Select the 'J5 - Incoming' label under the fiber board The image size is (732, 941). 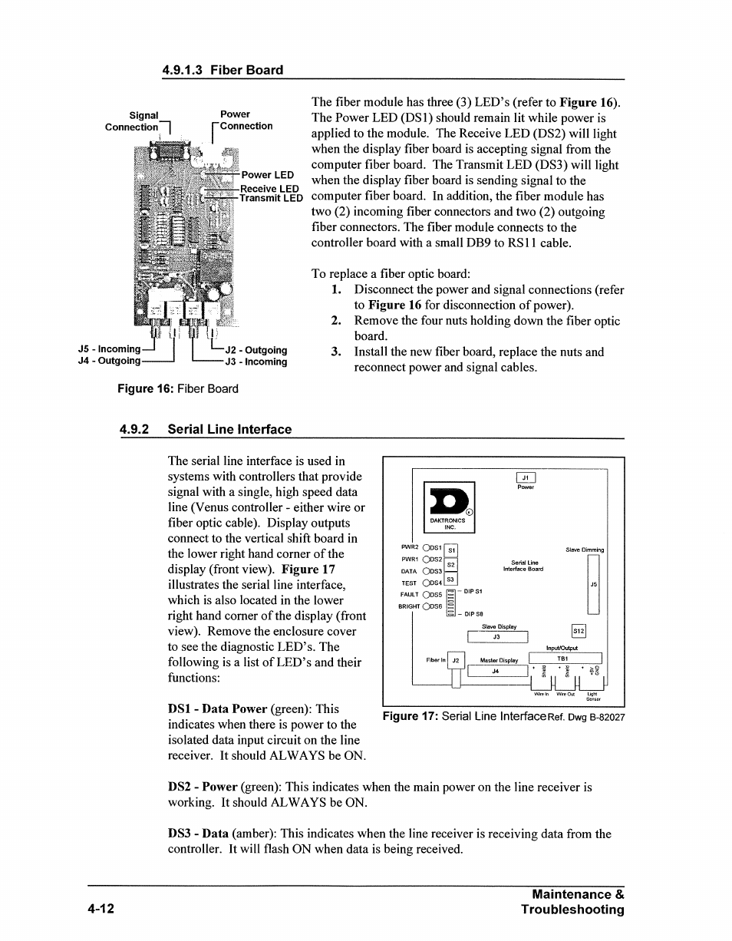109,350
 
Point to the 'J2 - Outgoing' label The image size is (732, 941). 256,351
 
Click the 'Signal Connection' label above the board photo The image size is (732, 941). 132,121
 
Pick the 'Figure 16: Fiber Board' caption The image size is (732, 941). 177,388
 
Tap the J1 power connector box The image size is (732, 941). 526,477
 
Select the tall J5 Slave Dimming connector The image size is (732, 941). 592,584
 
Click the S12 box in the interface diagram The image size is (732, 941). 579,631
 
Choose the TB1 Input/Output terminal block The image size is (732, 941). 565,659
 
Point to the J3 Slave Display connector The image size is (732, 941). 497,636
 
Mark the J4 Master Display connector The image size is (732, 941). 496,671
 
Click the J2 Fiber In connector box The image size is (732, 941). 454,660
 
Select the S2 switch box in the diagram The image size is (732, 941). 451,565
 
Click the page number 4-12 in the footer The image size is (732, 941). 101,910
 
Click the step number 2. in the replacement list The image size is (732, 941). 336,321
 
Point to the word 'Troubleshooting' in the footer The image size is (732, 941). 572,910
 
